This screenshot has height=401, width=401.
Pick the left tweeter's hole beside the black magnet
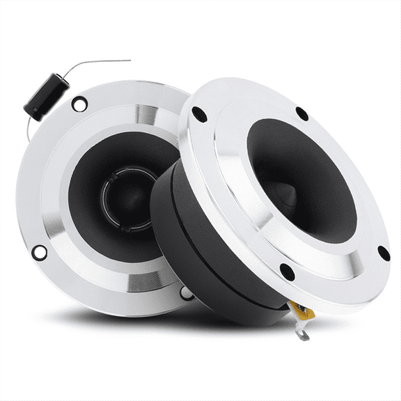pos(186,292)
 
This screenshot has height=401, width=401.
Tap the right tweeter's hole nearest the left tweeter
pos(198,113)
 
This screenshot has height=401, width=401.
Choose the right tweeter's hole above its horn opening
pos(301,113)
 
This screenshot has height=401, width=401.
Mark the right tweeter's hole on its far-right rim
pos(382,253)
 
